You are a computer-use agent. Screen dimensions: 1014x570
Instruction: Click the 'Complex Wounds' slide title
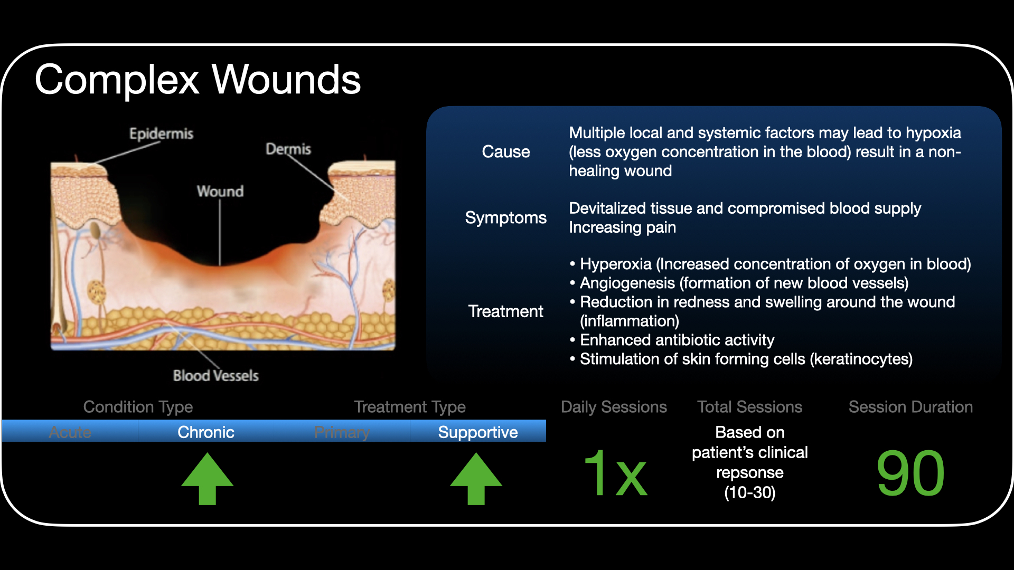coord(198,80)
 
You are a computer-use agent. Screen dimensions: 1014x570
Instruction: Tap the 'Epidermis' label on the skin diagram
coord(161,134)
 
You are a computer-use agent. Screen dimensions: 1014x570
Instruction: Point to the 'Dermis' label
coord(288,149)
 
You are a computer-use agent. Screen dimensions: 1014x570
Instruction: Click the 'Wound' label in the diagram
coord(220,191)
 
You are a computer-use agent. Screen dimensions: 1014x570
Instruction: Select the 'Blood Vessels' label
coord(215,375)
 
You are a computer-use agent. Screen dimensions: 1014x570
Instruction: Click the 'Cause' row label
coord(505,152)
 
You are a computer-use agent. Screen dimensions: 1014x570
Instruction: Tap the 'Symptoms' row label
coord(505,217)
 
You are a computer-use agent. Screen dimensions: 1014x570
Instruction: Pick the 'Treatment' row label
coord(505,311)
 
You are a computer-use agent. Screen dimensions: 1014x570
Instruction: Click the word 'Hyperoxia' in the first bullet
coord(615,264)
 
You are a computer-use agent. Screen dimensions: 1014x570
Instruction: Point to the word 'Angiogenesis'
coord(627,283)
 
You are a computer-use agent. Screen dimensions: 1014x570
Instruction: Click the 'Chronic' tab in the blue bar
coord(205,432)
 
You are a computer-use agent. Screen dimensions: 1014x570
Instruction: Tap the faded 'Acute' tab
coord(70,432)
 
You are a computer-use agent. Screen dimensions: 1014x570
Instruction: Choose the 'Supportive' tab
coord(477,432)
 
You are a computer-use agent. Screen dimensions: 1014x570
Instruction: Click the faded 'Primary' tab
coord(342,432)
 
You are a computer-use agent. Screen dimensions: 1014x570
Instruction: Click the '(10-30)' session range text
coord(749,492)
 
